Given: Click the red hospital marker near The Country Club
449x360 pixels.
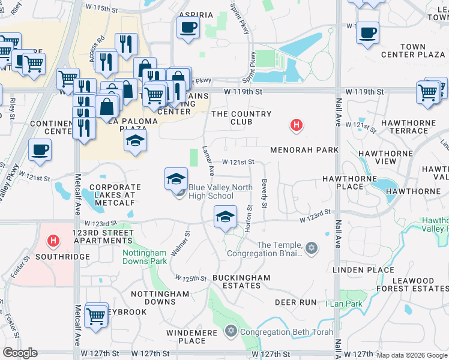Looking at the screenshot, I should (295, 125).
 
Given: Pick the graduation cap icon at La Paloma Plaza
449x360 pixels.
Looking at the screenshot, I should (136, 142).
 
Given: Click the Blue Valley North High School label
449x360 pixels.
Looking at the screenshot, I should (211, 191).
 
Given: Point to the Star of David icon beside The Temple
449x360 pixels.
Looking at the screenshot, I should (311, 247).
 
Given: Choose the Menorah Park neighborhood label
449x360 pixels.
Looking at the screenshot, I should (304, 149).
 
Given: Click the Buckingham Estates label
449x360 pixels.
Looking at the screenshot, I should (241, 282).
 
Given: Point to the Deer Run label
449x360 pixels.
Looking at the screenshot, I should (295, 302).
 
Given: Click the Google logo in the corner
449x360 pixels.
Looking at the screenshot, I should (20, 353).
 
